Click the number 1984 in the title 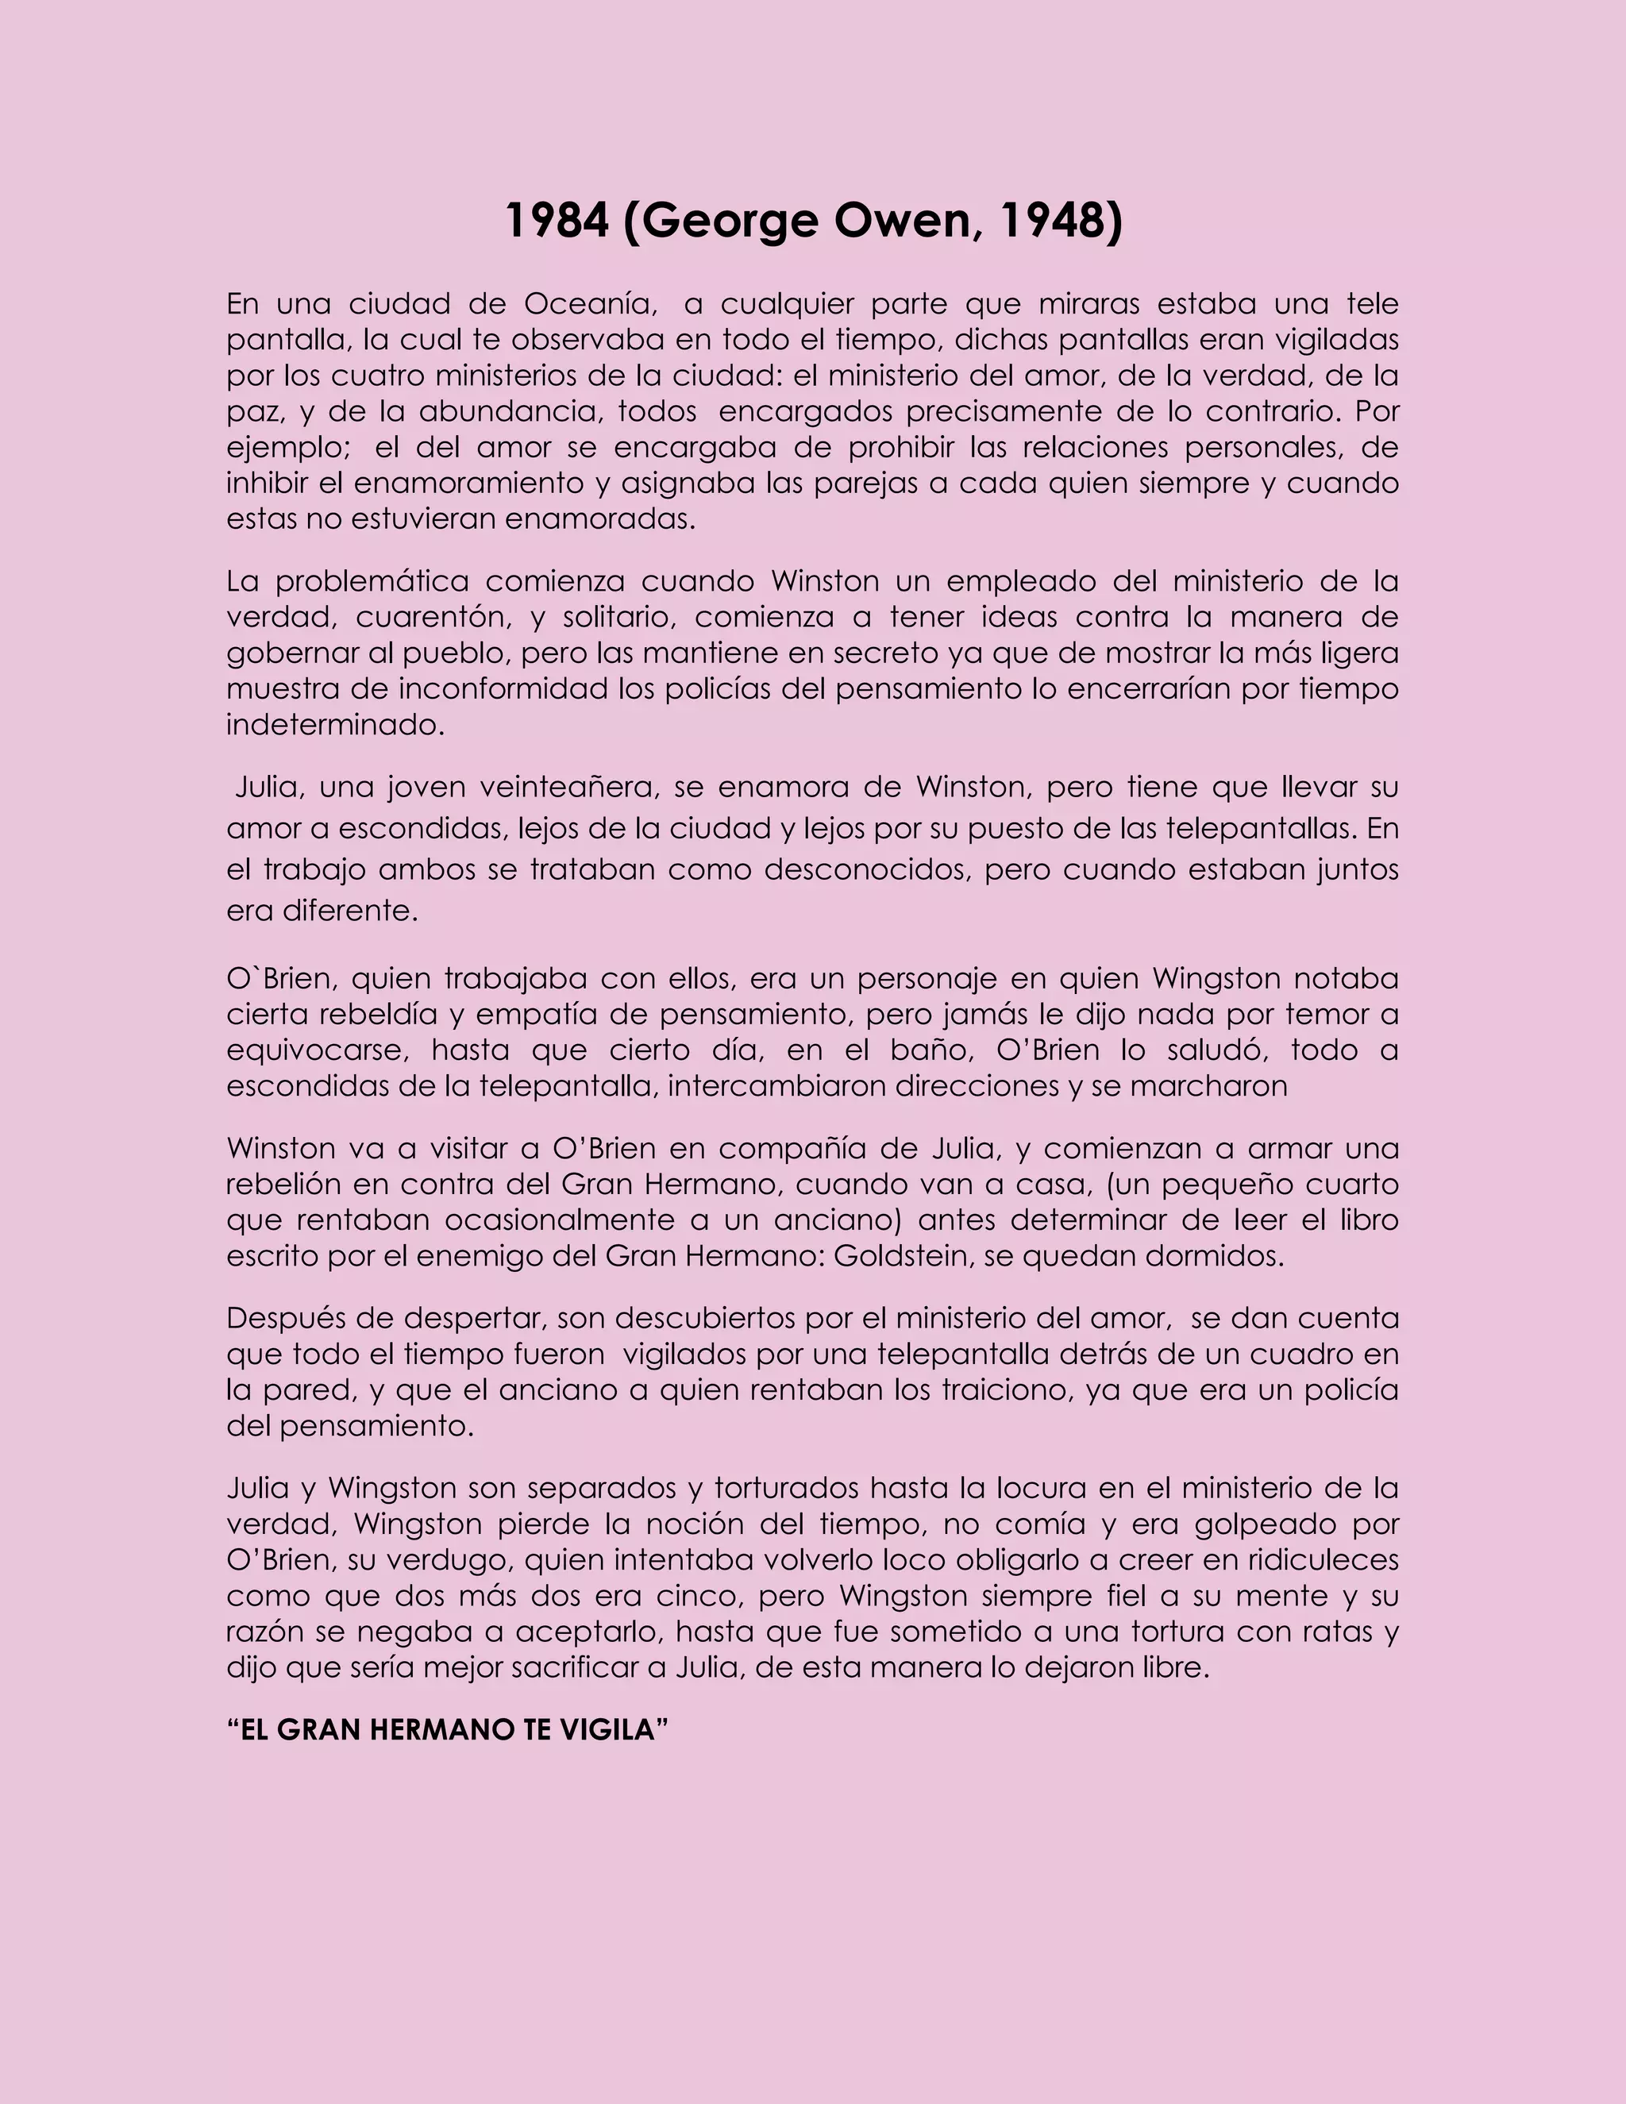pyautogui.click(x=557, y=221)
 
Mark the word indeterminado pyautogui.click(x=335, y=724)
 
